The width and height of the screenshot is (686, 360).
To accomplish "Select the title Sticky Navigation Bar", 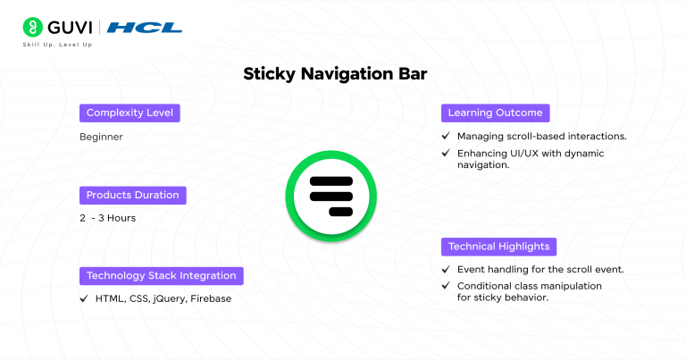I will point(335,75).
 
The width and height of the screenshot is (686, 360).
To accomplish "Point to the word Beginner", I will point(101,137).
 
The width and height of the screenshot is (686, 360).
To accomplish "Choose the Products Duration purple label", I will point(132,195).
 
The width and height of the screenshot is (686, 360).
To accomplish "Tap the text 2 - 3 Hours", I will point(107,218).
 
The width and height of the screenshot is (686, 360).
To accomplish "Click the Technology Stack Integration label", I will point(161,275).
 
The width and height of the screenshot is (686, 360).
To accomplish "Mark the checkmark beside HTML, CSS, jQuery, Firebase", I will point(84,298).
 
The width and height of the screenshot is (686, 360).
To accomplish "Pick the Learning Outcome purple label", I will point(495,113).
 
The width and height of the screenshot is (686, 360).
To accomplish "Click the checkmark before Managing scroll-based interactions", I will point(446,137).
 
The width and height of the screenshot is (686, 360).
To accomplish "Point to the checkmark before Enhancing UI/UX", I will point(446,153).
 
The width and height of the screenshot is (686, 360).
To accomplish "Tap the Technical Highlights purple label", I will point(499,246).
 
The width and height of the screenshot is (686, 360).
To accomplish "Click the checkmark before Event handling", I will point(446,269).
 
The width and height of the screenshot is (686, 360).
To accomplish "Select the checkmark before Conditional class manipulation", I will point(446,286).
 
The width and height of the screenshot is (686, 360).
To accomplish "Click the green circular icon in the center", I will point(331,194).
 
